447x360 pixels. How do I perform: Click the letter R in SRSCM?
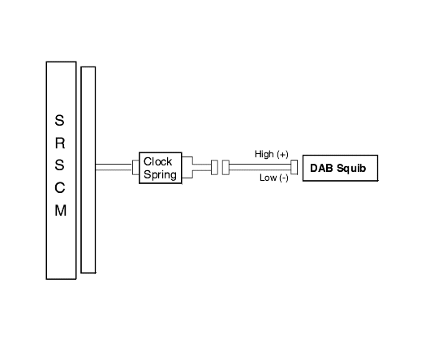[x=59, y=143]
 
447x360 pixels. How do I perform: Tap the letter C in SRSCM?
[x=59, y=188]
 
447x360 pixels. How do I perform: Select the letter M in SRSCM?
[x=60, y=211]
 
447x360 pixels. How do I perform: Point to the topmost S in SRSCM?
[x=59, y=120]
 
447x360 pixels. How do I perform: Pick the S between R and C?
[x=59, y=165]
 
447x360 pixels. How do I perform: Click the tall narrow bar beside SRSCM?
[x=88, y=170]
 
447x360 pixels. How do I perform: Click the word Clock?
[x=157, y=161]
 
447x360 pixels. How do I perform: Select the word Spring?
[x=160, y=174]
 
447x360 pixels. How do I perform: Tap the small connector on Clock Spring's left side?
[x=135, y=167]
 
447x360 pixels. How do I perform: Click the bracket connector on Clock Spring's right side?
[x=187, y=167]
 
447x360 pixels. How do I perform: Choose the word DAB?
[x=321, y=168]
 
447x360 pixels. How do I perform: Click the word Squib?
[x=351, y=168]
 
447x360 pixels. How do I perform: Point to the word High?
[x=264, y=154]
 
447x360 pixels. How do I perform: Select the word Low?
[x=269, y=178]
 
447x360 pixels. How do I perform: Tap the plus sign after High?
[x=282, y=154]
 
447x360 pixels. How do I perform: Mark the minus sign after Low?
[x=284, y=178]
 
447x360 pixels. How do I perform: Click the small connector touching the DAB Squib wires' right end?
[x=294, y=167]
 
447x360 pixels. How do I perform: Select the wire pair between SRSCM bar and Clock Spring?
[x=114, y=167]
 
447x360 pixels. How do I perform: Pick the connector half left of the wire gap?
[x=214, y=168]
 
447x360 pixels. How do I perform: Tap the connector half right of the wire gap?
[x=226, y=168]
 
